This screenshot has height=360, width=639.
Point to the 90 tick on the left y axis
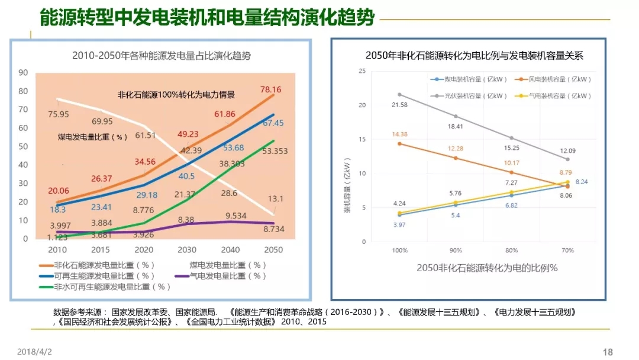tap(24, 73)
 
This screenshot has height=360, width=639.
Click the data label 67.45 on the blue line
tap(273, 123)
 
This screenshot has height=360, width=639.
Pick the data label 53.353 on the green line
tap(275, 151)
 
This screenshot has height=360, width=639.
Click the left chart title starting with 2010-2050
tap(162, 56)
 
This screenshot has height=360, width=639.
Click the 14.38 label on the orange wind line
tap(400, 134)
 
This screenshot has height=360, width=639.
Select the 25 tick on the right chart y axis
tap(363, 71)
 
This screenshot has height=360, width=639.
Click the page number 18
tap(608, 351)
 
